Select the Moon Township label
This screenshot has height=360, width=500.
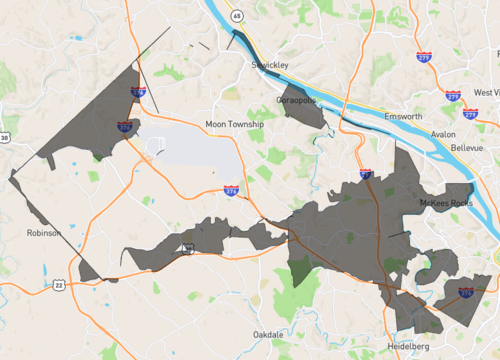pyautogui.click(x=234, y=124)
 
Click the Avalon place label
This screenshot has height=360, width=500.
pyautogui.click(x=443, y=133)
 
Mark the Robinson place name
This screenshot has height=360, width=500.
pyautogui.click(x=44, y=232)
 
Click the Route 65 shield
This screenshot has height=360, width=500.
pyautogui.click(x=238, y=16)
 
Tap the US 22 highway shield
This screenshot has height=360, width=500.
pyautogui.click(x=59, y=285)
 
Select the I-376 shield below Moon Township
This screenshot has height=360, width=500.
pyautogui.click(x=232, y=190)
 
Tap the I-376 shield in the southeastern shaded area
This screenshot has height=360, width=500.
pyautogui.click(x=465, y=292)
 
